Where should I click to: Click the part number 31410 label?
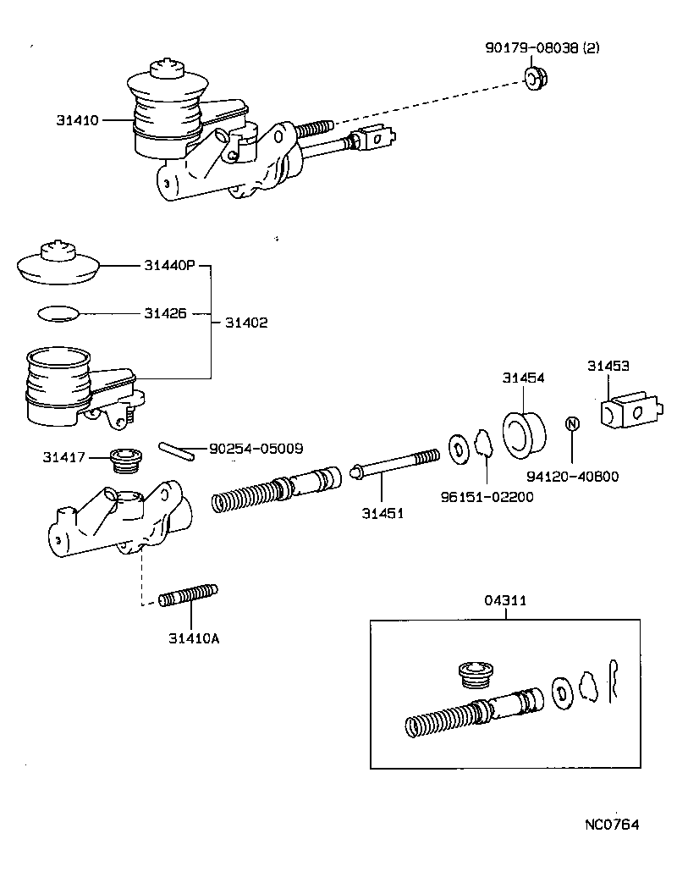(x=76, y=120)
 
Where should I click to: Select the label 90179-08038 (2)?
(x=542, y=50)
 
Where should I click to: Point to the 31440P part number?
(x=168, y=266)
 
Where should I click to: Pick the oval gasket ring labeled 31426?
(x=58, y=313)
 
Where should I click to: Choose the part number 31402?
(x=246, y=323)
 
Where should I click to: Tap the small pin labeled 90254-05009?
(x=176, y=448)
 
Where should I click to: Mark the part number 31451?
(x=383, y=513)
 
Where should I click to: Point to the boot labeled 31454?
(x=524, y=430)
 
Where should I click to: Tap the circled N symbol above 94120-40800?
(x=571, y=424)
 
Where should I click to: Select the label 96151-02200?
(x=487, y=497)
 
